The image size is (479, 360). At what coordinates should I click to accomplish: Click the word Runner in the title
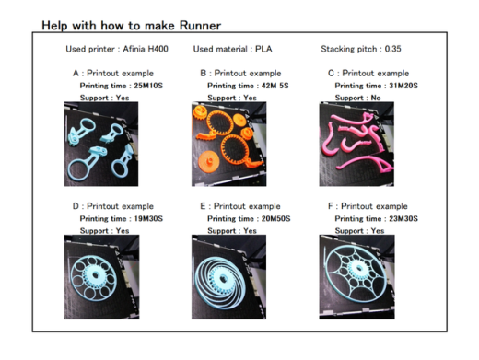tap(200, 26)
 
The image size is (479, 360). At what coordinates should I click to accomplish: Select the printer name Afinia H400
tap(146, 49)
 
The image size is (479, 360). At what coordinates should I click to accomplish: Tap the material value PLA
tap(263, 49)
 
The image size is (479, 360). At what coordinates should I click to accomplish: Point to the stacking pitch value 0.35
tap(392, 49)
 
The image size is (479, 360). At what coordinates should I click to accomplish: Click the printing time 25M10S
tap(148, 86)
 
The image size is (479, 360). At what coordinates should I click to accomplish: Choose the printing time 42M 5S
tap(275, 86)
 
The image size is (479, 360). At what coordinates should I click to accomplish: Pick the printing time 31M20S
tap(403, 86)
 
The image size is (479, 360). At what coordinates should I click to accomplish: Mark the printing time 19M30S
tap(148, 218)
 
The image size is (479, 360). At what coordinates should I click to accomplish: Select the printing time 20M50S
tap(275, 218)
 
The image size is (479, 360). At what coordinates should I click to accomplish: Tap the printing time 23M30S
tap(403, 218)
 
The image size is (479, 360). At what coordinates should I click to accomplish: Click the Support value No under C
tap(376, 98)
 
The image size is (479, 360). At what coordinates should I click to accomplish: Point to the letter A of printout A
tap(76, 74)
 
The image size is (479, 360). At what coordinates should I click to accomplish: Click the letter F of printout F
tap(331, 206)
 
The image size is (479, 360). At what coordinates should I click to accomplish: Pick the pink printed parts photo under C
tap(356, 145)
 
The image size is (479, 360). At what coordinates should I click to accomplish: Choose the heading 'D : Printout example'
tap(113, 206)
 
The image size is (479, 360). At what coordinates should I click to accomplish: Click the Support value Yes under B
tap(250, 98)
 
